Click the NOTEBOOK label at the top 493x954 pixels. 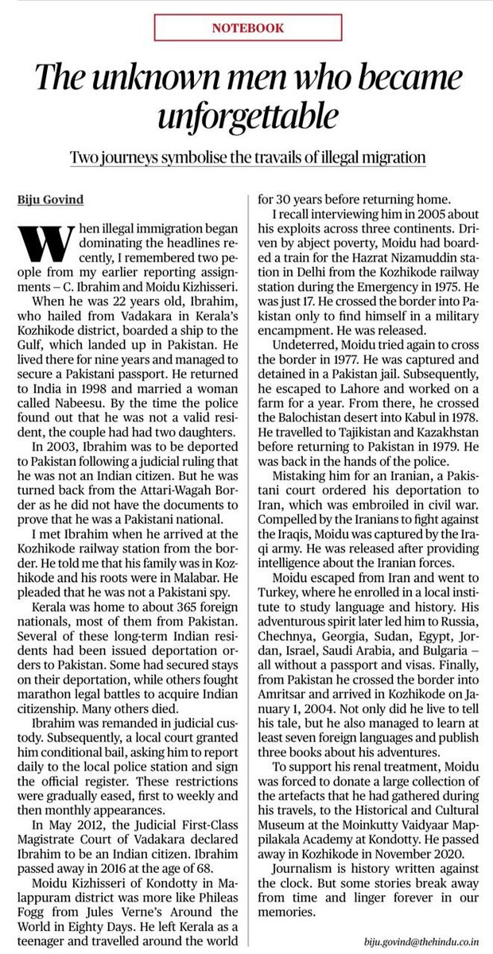tap(246, 26)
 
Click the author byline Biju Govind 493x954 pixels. tap(54, 189)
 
